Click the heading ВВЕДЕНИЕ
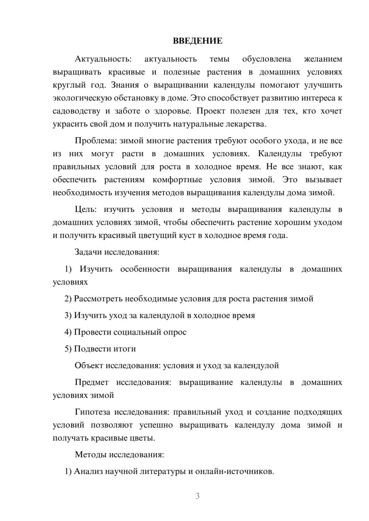click(197, 41)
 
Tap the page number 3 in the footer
click(197, 496)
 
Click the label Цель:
click(86, 209)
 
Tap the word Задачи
click(88, 252)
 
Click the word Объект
click(89, 365)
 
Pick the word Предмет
click(92, 382)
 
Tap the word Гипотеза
click(93, 412)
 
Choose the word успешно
click(156, 425)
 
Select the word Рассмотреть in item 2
click(98, 298)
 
